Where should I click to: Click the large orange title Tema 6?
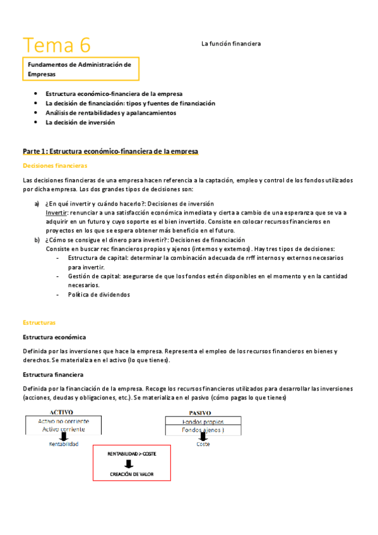(x=57, y=45)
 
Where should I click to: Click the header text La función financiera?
(x=231, y=44)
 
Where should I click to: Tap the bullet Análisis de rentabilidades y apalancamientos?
(x=110, y=113)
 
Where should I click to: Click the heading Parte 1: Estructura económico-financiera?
(x=110, y=151)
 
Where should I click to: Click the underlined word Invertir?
(x=56, y=213)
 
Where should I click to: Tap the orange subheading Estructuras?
(x=39, y=322)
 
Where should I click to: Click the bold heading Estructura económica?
(x=54, y=338)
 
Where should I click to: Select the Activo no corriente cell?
(x=63, y=421)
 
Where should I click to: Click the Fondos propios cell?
(x=203, y=421)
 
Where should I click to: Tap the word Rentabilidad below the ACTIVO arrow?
(x=63, y=444)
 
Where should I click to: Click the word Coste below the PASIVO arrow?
(x=203, y=444)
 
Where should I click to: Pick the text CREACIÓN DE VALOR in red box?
(x=132, y=474)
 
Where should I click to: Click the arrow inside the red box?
(x=132, y=464)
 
